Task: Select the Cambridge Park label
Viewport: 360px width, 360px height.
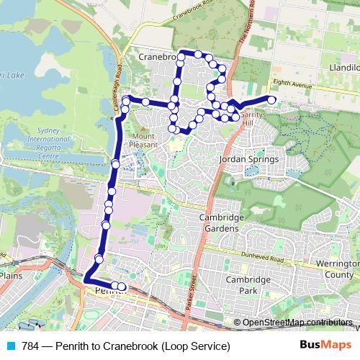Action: coord(247,285)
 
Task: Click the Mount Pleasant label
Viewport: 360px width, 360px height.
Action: coord(143,140)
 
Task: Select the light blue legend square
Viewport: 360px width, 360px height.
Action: coord(9,346)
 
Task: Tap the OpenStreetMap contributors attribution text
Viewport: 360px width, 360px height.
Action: coord(298,323)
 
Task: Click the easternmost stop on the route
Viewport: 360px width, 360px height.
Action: coord(271,99)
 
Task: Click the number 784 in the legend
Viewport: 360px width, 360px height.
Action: coord(30,346)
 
